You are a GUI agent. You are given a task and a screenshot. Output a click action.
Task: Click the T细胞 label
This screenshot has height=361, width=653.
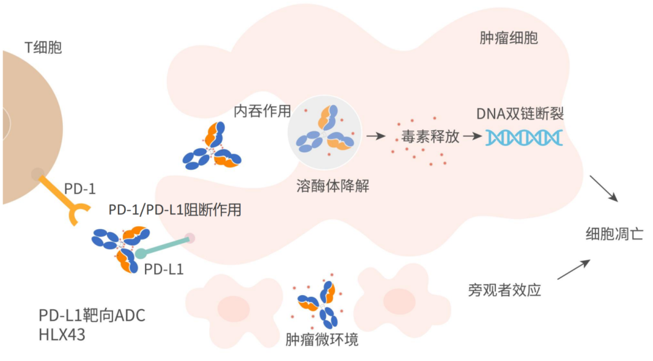43,47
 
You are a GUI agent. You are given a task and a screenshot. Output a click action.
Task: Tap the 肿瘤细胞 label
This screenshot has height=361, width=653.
508,38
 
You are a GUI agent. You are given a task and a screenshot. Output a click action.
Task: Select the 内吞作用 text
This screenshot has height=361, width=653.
262,111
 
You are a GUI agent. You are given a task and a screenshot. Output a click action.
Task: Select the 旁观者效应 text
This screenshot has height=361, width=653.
504,290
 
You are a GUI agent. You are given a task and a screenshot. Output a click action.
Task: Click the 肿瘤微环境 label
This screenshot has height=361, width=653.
322,339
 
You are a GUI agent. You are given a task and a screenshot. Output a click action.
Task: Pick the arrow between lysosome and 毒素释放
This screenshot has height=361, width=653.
376,136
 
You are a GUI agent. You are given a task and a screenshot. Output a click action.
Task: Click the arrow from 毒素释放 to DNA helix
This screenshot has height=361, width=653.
470,136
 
